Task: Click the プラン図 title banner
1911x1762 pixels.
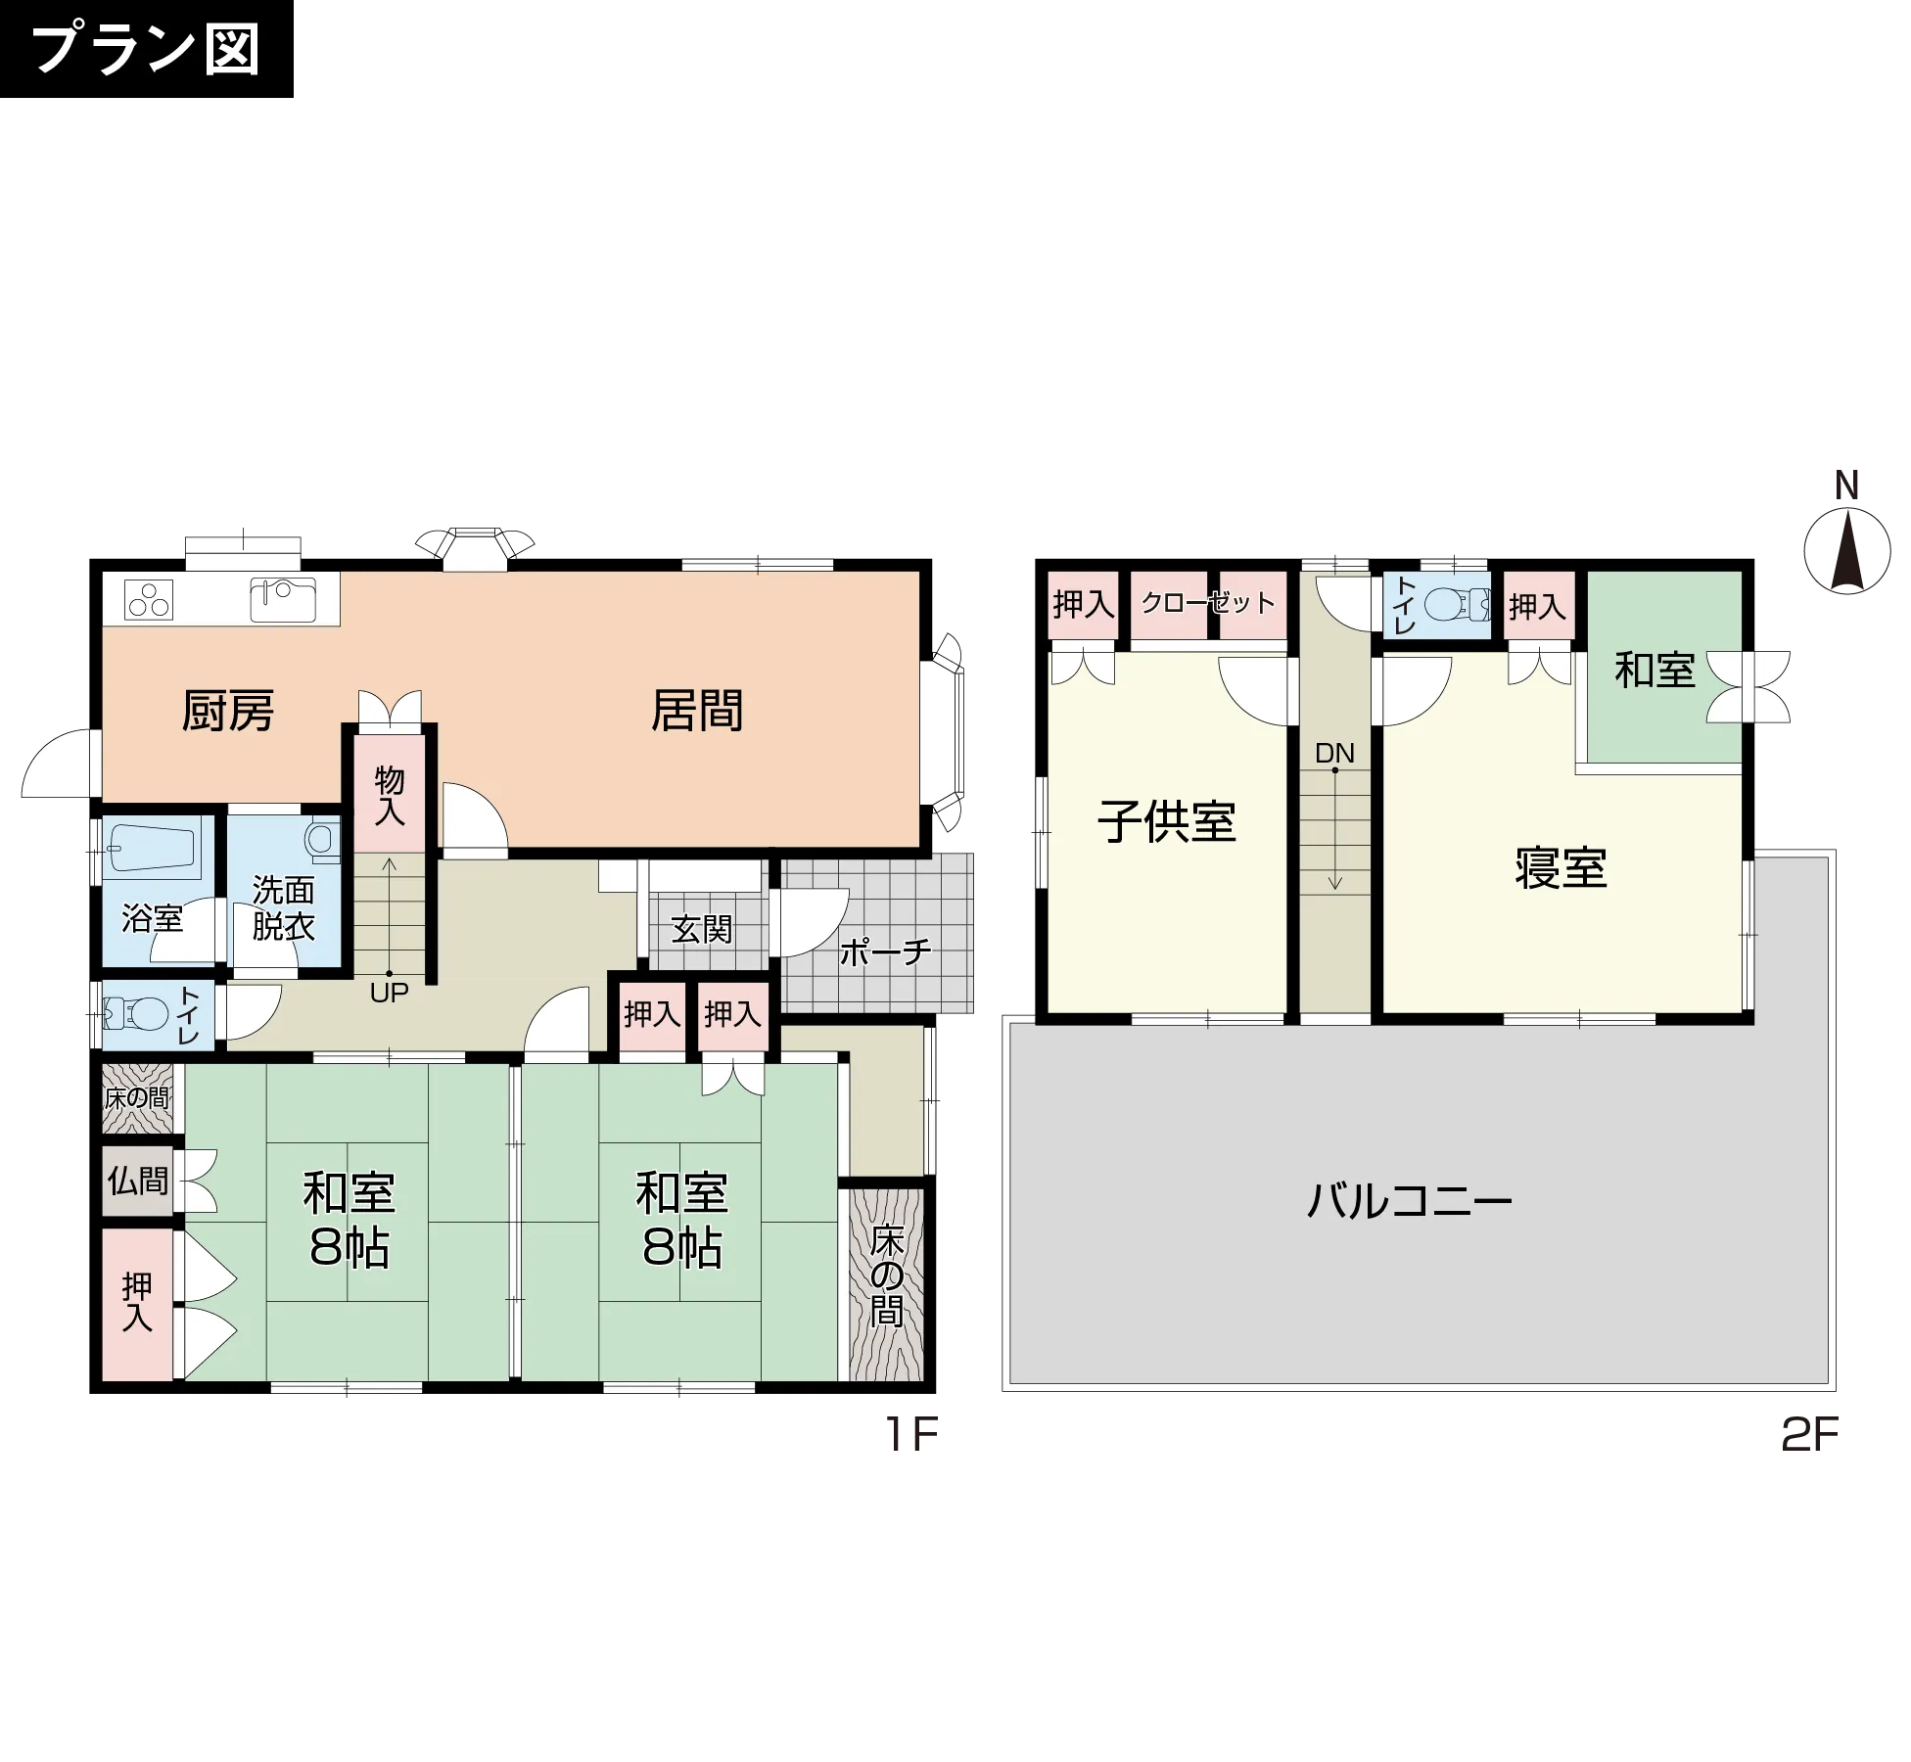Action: click(x=146, y=49)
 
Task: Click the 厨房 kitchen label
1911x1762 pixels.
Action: click(x=228, y=711)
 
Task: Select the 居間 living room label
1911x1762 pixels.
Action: click(x=697, y=711)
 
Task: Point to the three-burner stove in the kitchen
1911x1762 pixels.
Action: click(x=149, y=599)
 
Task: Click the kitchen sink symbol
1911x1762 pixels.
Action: click(x=283, y=600)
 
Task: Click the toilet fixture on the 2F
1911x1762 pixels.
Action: click(x=1457, y=605)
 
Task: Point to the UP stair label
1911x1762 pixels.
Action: click(x=389, y=993)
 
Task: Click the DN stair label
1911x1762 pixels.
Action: click(x=1334, y=753)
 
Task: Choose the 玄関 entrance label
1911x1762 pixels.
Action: click(x=702, y=929)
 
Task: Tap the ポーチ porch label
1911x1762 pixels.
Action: click(x=885, y=951)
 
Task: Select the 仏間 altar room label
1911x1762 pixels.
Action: click(x=138, y=1181)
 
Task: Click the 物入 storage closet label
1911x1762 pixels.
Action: click(x=390, y=796)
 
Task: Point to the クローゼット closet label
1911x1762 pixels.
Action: click(x=1208, y=603)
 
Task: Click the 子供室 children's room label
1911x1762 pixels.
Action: click(x=1167, y=822)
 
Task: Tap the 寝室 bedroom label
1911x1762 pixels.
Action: click(x=1561, y=868)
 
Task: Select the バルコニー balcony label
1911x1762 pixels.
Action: click(x=1410, y=1200)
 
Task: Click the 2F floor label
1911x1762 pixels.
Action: click(x=1809, y=1435)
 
